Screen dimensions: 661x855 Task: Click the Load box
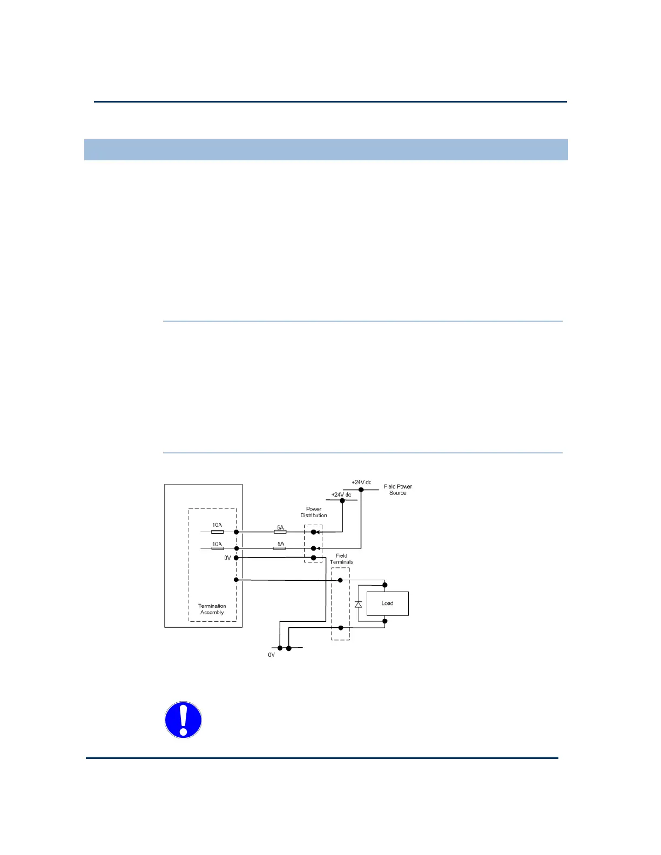click(x=387, y=603)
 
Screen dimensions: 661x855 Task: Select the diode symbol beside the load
click(x=358, y=604)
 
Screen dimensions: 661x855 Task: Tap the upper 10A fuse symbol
click(x=217, y=532)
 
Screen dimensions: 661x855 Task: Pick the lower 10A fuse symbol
click(x=217, y=548)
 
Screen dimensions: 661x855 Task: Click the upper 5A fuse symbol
click(x=280, y=532)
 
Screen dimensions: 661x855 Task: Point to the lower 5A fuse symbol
click(x=280, y=548)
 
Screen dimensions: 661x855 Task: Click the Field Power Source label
click(x=398, y=490)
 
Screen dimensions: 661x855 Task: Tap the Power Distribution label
click(x=314, y=512)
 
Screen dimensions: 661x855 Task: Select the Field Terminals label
click(x=341, y=559)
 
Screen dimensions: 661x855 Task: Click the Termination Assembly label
click(x=212, y=609)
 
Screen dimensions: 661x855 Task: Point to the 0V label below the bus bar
click(x=272, y=655)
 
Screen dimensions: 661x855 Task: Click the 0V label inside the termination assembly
click(x=228, y=558)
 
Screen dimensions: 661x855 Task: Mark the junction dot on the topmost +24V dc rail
click(x=361, y=490)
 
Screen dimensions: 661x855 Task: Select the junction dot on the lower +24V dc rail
click(x=342, y=500)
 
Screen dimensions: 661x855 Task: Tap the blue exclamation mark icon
click(x=183, y=720)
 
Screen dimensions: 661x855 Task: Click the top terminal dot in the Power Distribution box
click(x=314, y=532)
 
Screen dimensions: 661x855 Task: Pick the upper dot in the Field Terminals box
click(x=340, y=580)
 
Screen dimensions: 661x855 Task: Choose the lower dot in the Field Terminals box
click(x=340, y=628)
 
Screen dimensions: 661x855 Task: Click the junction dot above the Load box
click(x=385, y=585)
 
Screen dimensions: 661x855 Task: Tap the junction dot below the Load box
click(x=385, y=621)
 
